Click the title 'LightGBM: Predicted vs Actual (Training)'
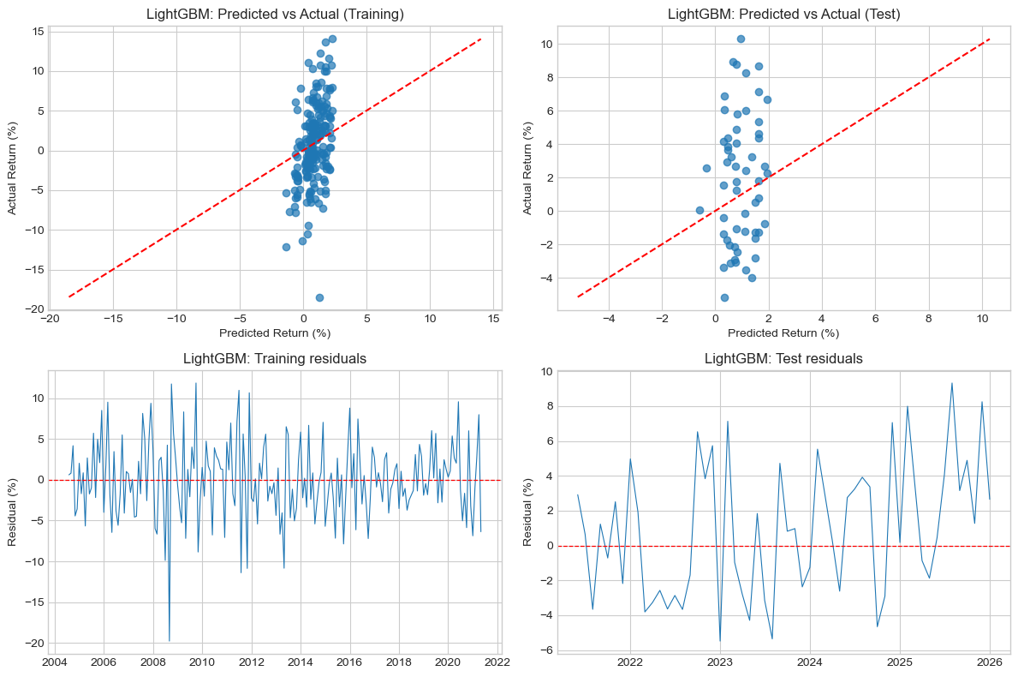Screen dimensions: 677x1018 pos(275,14)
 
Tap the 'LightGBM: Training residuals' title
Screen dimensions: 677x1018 pos(275,358)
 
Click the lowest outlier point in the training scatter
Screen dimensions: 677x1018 pos(319,297)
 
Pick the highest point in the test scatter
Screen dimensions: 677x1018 pos(741,39)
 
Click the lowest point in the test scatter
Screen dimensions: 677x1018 pos(724,297)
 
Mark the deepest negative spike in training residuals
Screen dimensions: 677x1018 pos(169,640)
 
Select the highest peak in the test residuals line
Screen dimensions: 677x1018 pos(951,383)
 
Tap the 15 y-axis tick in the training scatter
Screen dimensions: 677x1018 pos(38,32)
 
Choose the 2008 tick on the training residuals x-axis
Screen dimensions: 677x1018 pos(152,662)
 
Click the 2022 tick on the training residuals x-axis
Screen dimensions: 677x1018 pos(497,662)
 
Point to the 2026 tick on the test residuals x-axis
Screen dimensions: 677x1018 pos(990,662)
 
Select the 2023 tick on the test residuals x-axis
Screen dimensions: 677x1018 pos(719,662)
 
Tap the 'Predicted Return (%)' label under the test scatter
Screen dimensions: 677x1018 pos(783,333)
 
